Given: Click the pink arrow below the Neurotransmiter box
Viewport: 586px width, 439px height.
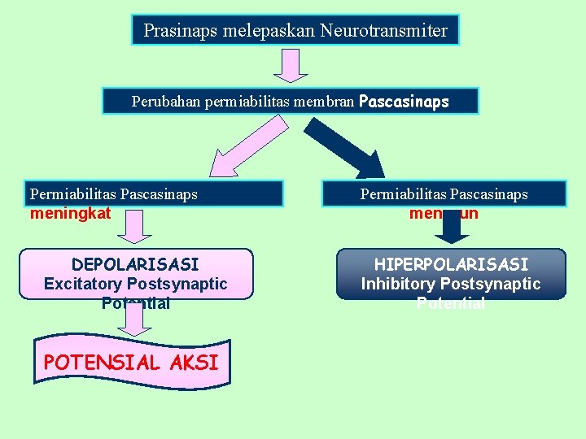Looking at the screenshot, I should (290, 64).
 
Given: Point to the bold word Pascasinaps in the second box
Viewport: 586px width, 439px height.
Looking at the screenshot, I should (404, 102).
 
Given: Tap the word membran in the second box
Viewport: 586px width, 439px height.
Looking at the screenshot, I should (325, 102).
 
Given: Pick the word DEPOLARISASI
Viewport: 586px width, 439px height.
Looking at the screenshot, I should (135, 264).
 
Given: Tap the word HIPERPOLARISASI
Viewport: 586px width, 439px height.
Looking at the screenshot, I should (451, 264).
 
